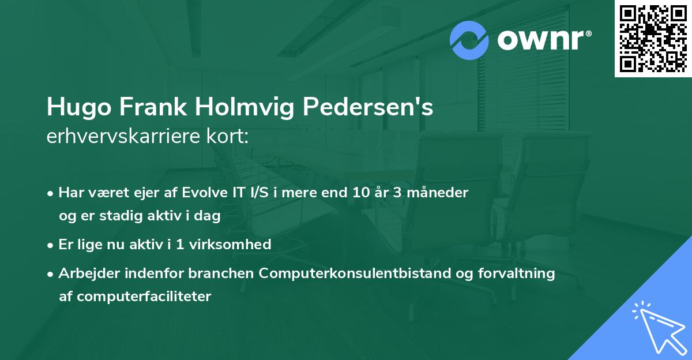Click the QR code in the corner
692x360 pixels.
[653, 39]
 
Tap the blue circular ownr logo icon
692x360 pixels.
[469, 40]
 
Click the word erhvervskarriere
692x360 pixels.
[122, 137]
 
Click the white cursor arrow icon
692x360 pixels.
[658, 327]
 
